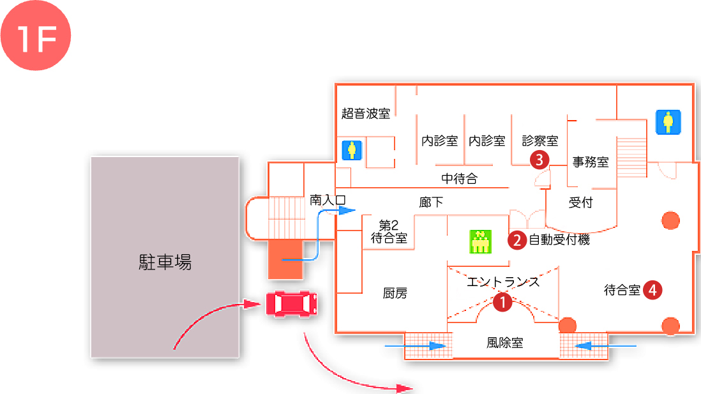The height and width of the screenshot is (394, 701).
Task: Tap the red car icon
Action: [291, 303]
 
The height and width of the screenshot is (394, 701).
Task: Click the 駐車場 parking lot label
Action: [165, 262]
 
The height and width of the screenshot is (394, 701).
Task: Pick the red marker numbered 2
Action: [516, 240]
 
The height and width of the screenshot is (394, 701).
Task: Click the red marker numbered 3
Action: [539, 159]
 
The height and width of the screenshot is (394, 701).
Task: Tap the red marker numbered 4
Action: [652, 290]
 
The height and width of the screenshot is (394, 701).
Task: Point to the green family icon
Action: [479, 241]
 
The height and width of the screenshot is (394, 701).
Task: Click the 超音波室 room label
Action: [366, 114]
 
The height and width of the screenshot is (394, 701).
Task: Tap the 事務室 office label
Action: [591, 162]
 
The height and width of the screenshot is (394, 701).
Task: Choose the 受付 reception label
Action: [581, 203]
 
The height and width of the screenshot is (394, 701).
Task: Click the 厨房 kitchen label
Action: [395, 293]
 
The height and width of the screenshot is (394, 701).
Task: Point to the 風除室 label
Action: [504, 343]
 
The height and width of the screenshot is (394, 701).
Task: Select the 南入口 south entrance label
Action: [328, 199]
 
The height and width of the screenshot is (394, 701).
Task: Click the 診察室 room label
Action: [540, 140]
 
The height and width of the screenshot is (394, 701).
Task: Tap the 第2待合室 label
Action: [389, 232]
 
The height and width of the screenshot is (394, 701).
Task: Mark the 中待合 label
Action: [460, 179]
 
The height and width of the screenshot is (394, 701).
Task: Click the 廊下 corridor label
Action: [431, 202]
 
